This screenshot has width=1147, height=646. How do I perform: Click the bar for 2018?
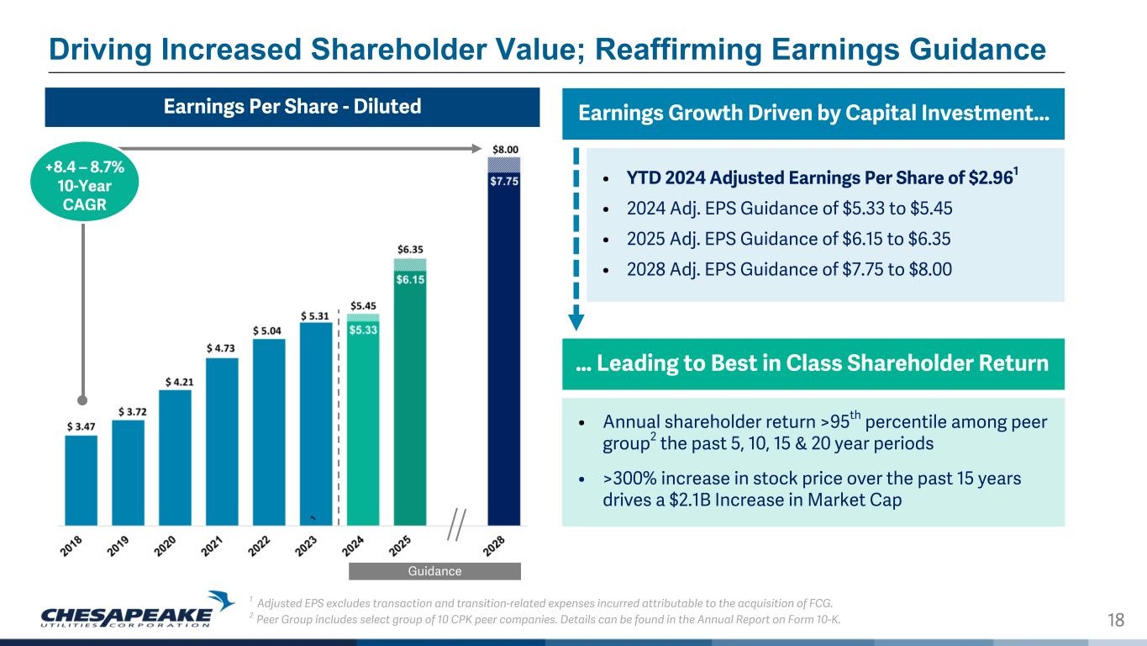[81, 480]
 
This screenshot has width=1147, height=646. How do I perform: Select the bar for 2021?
[222, 442]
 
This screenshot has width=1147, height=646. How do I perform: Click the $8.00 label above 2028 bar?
[504, 149]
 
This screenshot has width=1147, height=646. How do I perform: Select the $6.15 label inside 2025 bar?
[410, 278]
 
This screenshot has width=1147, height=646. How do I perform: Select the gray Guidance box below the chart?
[434, 571]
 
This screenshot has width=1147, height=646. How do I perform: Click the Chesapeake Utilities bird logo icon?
[223, 600]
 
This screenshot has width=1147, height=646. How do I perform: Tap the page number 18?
[1116, 621]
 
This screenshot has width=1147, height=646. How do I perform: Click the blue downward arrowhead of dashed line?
[576, 320]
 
